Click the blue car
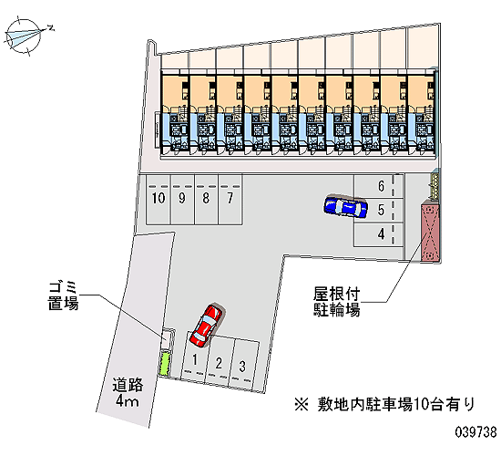point(345,206)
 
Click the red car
point(206,325)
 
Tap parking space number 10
point(158,199)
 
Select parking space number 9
point(182,199)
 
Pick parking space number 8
point(207,199)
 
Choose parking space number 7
point(230,199)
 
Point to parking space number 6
point(379,186)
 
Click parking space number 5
point(379,211)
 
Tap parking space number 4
point(379,234)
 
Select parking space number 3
point(243,365)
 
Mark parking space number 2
point(220,361)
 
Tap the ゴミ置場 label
point(63,296)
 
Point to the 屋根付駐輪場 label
point(337,302)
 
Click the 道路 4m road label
point(128,392)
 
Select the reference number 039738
point(475,432)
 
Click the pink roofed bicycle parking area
point(430,232)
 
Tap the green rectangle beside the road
point(165,364)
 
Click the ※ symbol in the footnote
point(302,405)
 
